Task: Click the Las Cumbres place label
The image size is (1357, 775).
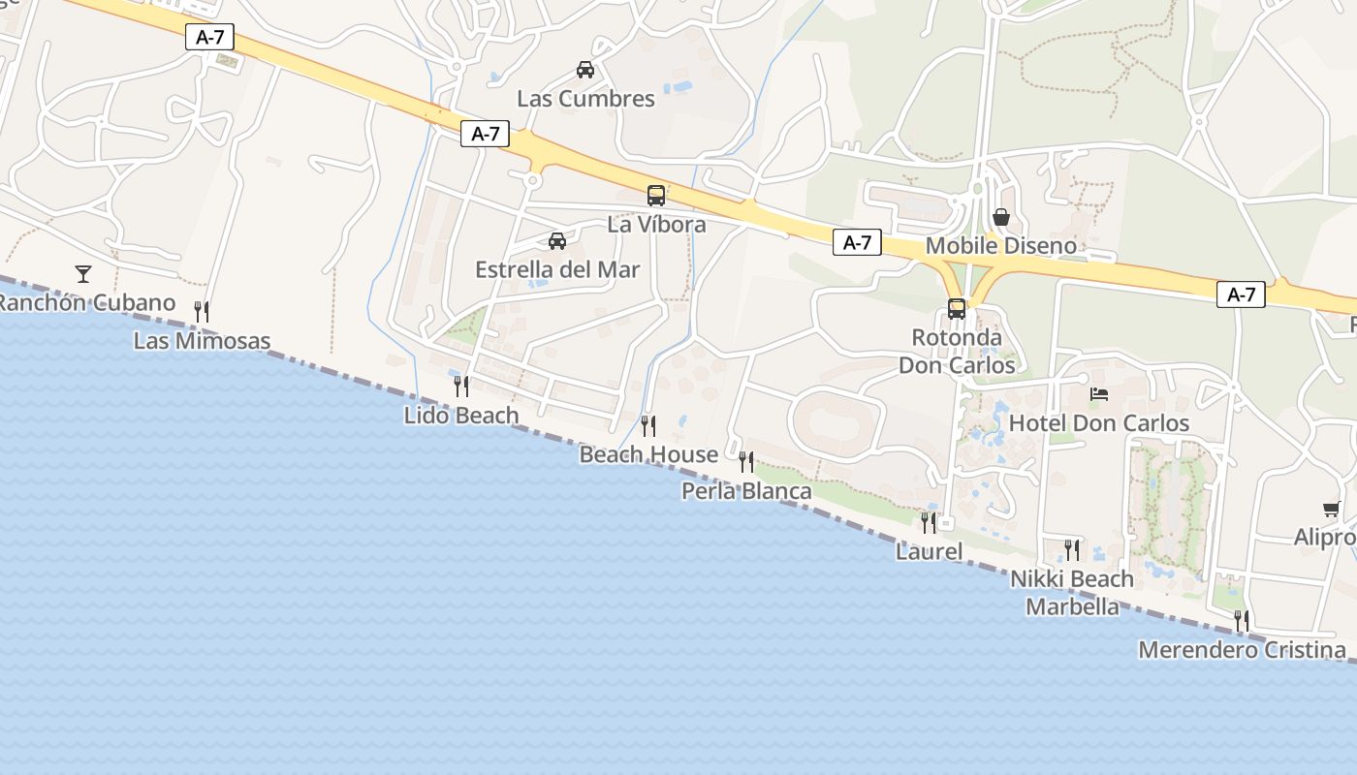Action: (x=585, y=99)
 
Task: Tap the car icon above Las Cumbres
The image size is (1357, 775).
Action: (x=585, y=70)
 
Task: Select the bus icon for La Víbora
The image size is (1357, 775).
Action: (x=656, y=196)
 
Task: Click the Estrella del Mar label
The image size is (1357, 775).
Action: (x=557, y=270)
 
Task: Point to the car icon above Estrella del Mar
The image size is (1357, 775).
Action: (x=557, y=241)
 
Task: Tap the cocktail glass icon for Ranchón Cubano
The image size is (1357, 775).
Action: (x=83, y=274)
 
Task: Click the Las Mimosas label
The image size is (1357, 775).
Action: (x=202, y=341)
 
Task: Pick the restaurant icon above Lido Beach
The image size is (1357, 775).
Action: (x=461, y=387)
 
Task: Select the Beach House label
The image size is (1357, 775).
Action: (x=648, y=454)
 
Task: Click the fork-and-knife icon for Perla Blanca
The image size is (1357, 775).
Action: (x=746, y=462)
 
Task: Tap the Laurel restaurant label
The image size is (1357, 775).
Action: (x=929, y=552)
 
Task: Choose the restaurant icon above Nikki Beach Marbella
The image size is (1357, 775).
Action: (x=1072, y=550)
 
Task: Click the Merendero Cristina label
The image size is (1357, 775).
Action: (x=1242, y=650)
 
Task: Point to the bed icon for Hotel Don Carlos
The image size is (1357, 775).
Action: (x=1099, y=394)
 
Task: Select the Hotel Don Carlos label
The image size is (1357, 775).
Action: (x=1099, y=423)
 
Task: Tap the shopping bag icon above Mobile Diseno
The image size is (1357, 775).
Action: (x=1001, y=217)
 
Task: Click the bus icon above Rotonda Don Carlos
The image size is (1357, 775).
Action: (x=957, y=309)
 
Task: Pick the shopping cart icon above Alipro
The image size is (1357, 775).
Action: (x=1332, y=509)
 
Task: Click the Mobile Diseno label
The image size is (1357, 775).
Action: (x=1001, y=246)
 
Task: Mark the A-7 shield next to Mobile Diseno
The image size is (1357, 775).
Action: (x=857, y=243)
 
